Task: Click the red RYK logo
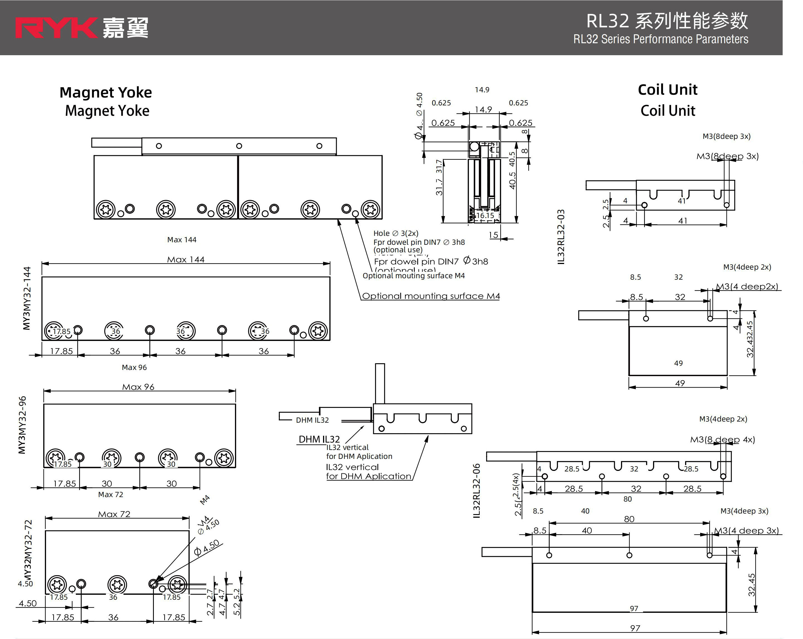click(x=56, y=28)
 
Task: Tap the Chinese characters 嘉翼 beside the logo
click(x=125, y=28)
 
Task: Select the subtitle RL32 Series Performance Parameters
click(x=660, y=39)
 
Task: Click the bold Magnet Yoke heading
click(x=106, y=92)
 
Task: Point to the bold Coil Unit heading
click(x=668, y=90)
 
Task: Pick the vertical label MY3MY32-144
click(x=27, y=298)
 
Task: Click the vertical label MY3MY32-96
click(x=22, y=425)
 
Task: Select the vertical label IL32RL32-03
click(x=561, y=237)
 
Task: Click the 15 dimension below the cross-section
click(x=494, y=235)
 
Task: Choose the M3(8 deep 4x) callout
click(x=722, y=440)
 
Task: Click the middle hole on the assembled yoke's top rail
click(x=239, y=146)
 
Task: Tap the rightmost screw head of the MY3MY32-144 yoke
click(x=318, y=330)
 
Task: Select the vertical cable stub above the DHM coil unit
click(x=380, y=384)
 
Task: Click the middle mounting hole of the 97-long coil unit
click(x=629, y=555)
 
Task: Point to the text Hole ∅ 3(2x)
click(x=396, y=233)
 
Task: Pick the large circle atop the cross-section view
click(x=474, y=146)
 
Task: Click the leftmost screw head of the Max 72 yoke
click(x=57, y=585)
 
